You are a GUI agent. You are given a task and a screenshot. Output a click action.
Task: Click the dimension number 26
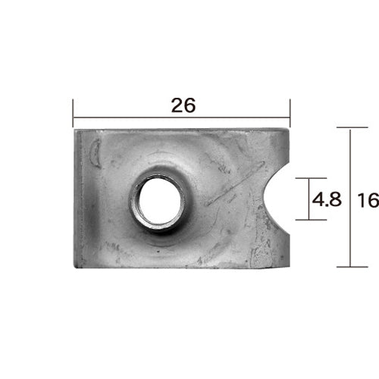[183, 105]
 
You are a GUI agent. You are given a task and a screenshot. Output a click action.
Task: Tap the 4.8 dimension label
[327, 199]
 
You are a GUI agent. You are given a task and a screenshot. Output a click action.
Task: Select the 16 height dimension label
[368, 200]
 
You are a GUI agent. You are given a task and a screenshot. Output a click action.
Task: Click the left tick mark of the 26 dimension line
[73, 113]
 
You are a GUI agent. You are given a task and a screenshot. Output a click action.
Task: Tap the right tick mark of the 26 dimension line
[290, 113]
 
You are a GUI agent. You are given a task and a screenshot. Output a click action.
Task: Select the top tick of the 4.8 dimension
[311, 178]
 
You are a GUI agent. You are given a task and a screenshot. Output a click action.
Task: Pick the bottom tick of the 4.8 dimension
[311, 220]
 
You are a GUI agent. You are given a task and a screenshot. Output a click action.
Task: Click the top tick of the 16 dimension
[352, 127]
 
